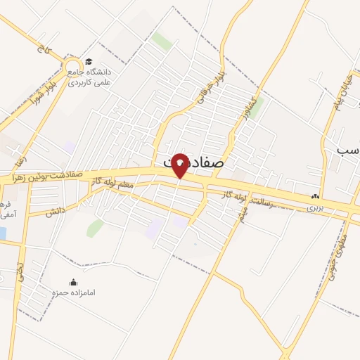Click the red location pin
180,165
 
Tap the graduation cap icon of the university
88,61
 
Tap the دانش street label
56,210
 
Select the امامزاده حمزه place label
73,292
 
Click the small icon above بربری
316,197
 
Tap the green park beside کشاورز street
257,106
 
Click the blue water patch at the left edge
3,233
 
